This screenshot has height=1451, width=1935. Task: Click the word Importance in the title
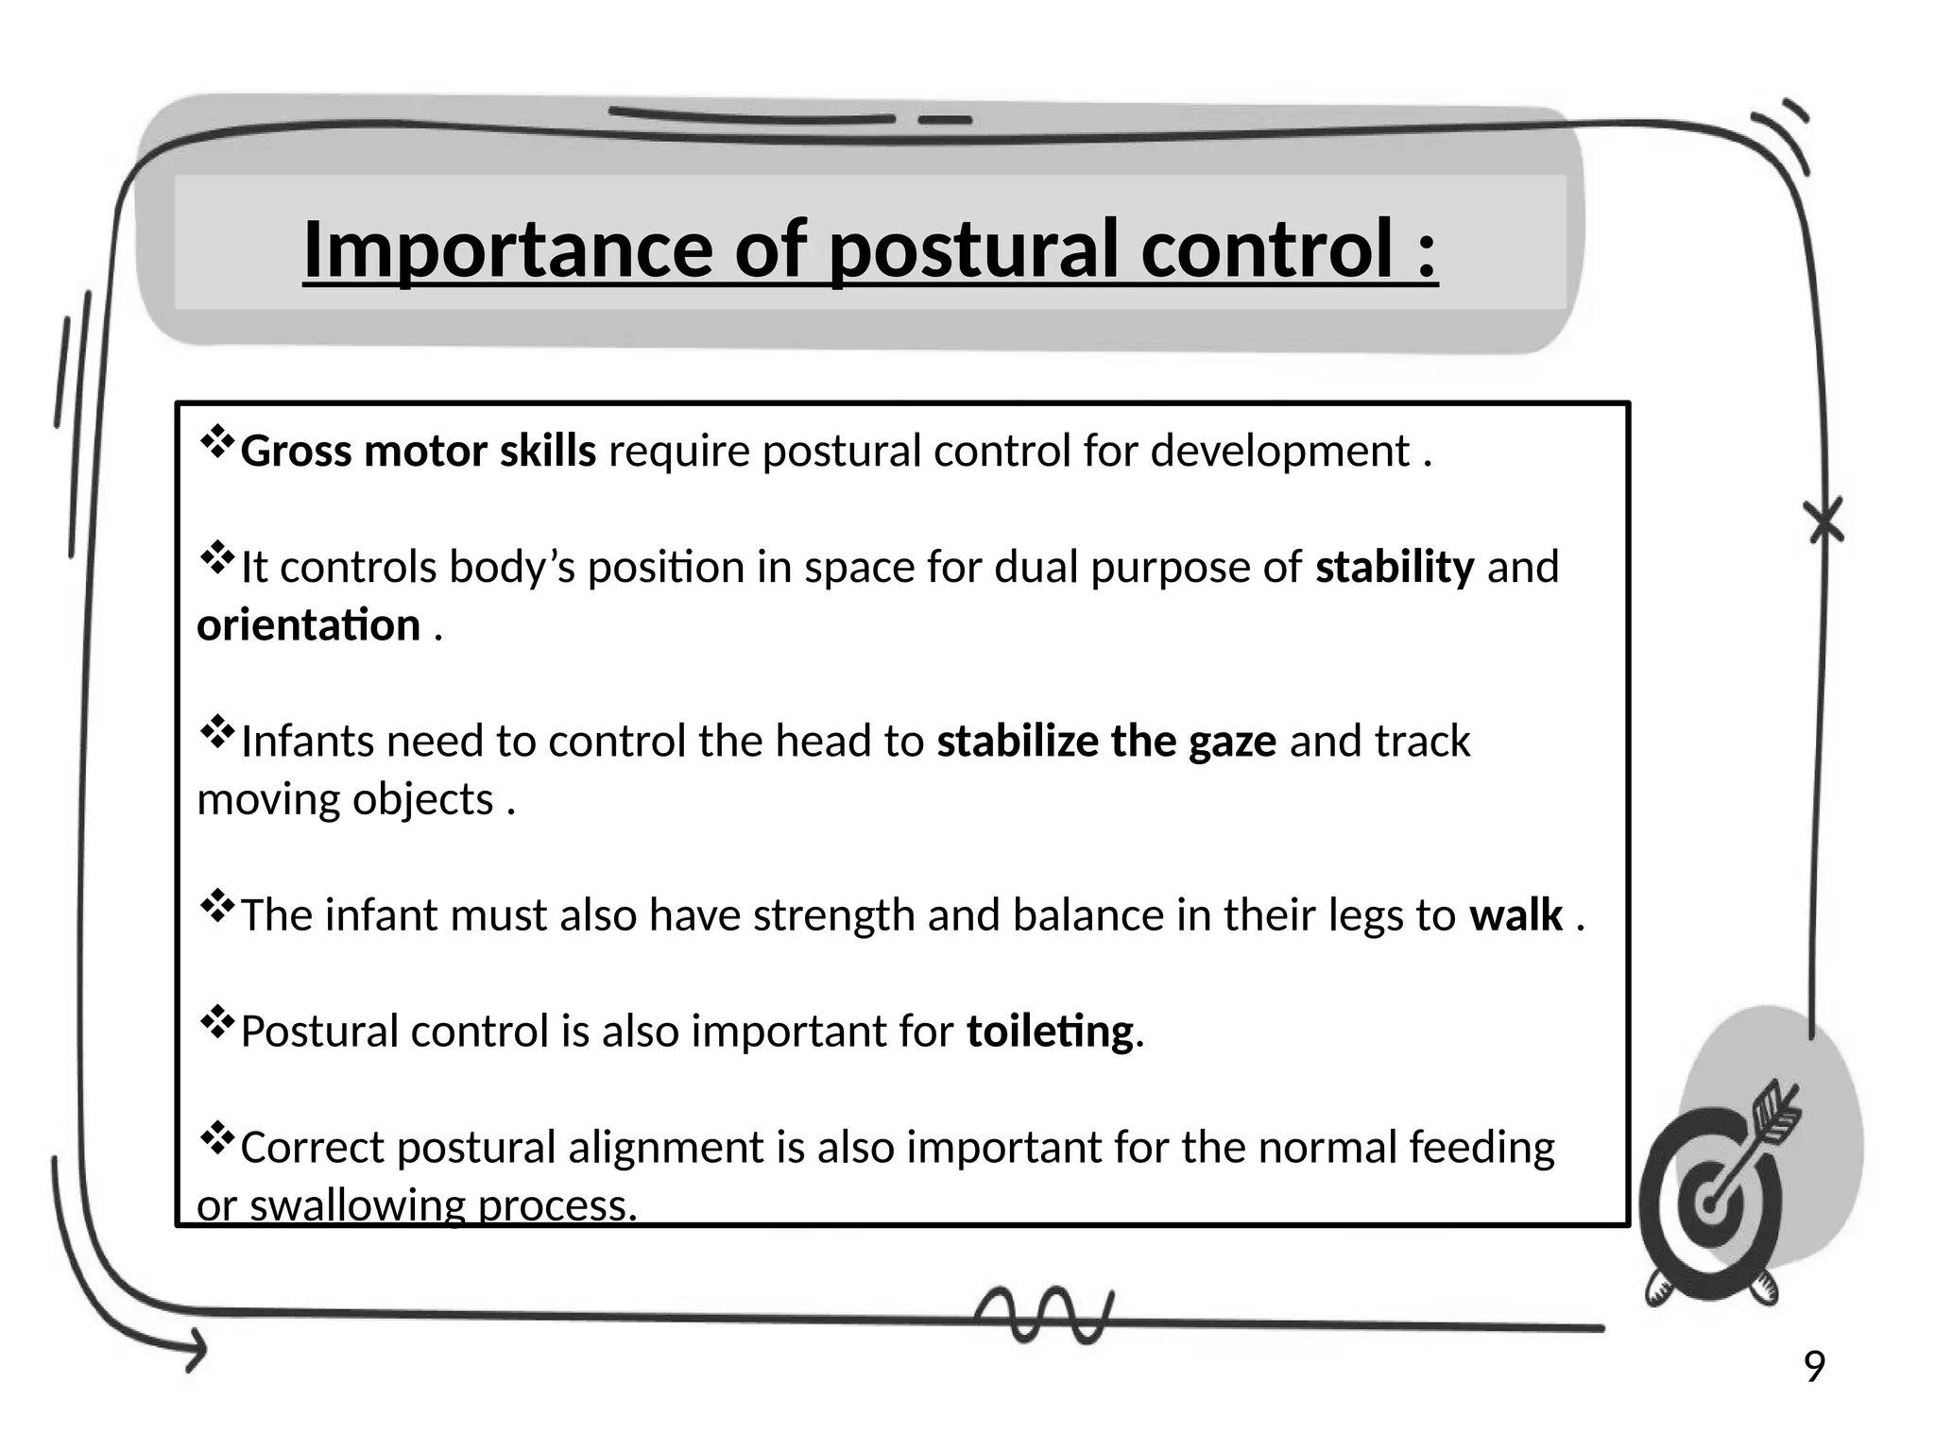click(x=507, y=248)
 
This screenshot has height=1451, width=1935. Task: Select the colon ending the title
click(x=1426, y=250)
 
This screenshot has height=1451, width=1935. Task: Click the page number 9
click(x=1814, y=1367)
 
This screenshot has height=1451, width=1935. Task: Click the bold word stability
click(x=1395, y=567)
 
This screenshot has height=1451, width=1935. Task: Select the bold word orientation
click(x=309, y=625)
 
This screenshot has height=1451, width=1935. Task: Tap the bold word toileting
click(x=1050, y=1031)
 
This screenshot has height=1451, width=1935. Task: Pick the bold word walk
click(x=1515, y=914)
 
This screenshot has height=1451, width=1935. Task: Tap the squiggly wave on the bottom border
click(x=1044, y=1313)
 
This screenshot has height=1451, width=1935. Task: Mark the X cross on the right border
click(x=1824, y=521)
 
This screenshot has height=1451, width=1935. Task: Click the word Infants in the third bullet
click(x=308, y=741)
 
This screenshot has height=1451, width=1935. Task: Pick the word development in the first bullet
click(x=1280, y=451)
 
